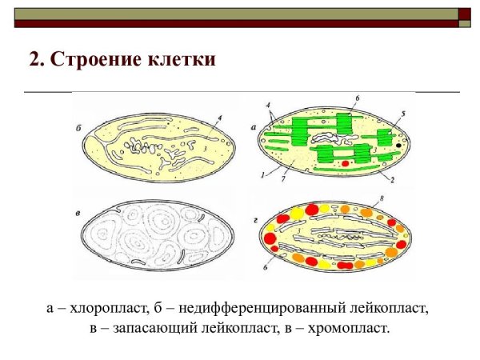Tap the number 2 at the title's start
34,60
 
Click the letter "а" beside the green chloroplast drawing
253,126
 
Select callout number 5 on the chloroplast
403,114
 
